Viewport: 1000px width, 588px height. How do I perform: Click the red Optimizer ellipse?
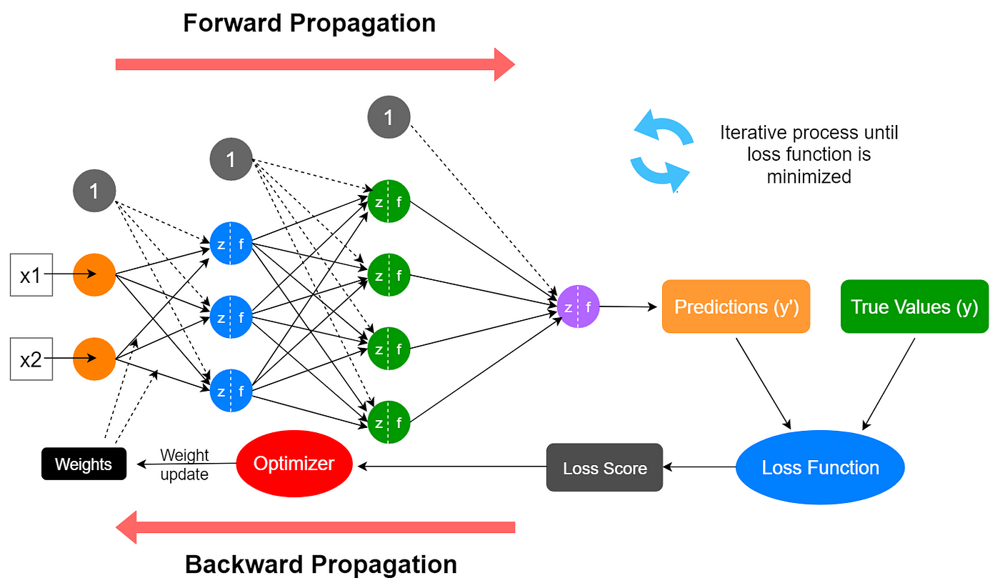pos(294,464)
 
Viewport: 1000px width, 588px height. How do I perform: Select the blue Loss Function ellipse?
pos(820,468)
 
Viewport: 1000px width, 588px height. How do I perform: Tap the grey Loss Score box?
pos(604,468)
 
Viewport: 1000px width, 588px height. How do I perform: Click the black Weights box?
pos(84,464)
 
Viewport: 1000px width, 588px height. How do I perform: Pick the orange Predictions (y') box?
pos(736,307)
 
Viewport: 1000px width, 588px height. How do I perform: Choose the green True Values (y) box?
pos(914,307)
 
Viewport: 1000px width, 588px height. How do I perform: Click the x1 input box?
pos(31,274)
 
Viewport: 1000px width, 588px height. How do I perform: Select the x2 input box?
pos(31,359)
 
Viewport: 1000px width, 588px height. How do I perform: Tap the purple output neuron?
pos(578,307)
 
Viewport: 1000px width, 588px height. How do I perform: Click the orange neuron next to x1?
pos(94,274)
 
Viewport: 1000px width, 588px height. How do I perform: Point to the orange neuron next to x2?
pos(94,359)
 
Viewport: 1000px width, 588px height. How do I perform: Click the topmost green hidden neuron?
pos(389,201)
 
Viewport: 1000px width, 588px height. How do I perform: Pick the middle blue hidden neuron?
pos(231,317)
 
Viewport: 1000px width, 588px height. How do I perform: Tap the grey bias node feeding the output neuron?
pos(389,117)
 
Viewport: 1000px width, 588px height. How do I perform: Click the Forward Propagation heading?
pos(309,23)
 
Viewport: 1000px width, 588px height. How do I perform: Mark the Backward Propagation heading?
pos(321,564)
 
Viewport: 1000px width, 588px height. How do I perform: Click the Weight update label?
pos(184,464)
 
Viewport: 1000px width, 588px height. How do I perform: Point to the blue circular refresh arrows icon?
pos(660,151)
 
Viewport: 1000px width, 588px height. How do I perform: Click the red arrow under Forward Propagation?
pos(315,64)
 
